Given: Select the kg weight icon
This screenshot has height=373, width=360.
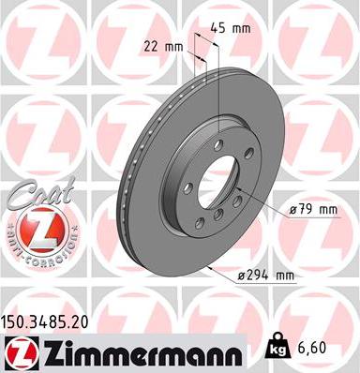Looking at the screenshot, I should [x=277, y=346].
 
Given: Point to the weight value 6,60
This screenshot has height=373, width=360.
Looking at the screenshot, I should [x=314, y=347].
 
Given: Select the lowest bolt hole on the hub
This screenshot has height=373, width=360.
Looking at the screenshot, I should [x=217, y=217].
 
